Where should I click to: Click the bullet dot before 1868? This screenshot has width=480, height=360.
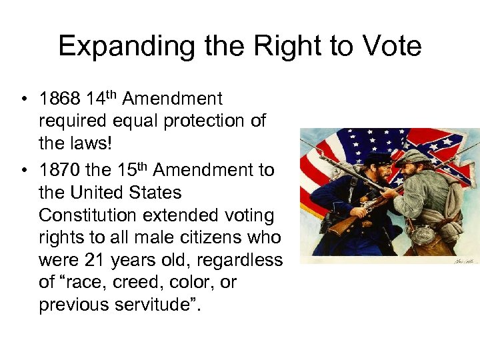click(23, 100)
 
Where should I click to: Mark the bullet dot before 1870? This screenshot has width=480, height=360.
click(23, 171)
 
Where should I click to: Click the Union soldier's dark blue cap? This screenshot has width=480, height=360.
click(377, 159)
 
